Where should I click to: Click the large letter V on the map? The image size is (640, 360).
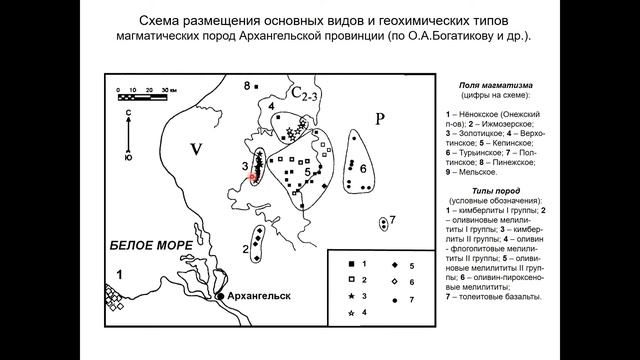click(197, 150)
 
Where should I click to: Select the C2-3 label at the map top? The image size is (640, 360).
click(307, 94)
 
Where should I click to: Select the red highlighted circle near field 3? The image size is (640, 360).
click(254, 176)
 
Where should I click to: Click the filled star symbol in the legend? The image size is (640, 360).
click(338, 297)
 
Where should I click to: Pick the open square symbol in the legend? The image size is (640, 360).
click(338, 283)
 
